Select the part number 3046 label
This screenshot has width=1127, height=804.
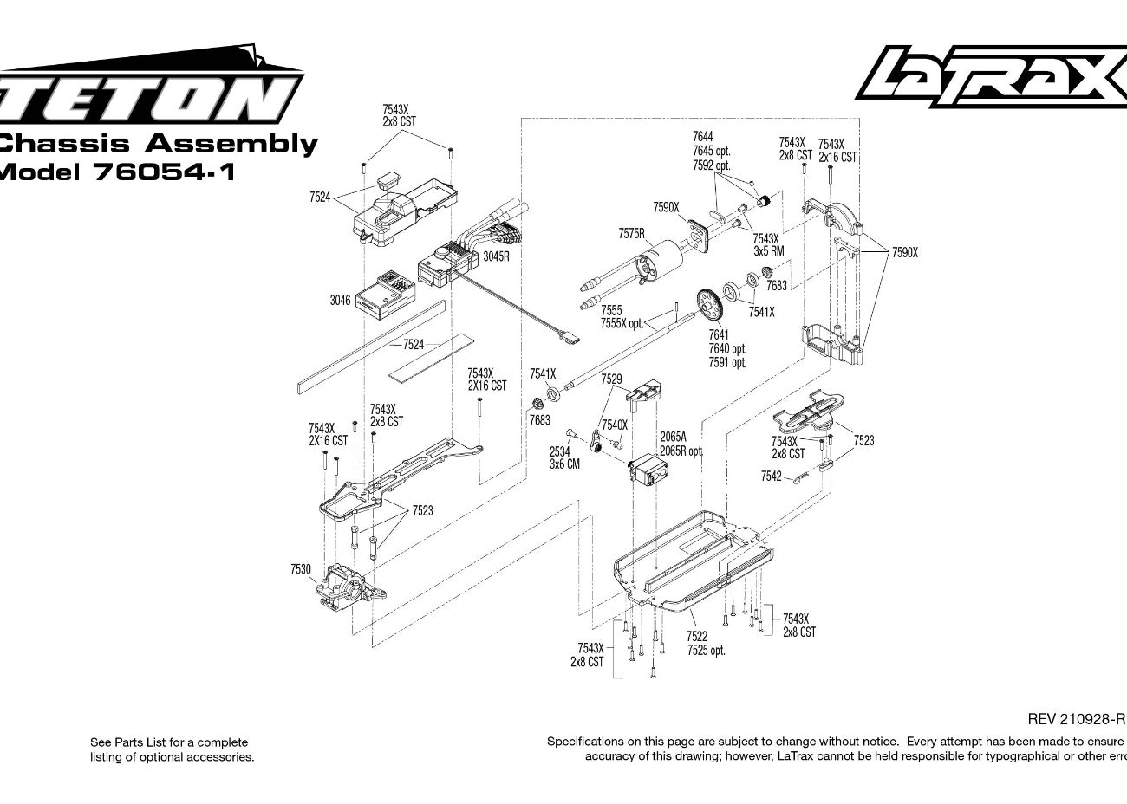coord(340,301)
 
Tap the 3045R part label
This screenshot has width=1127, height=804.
coord(496,256)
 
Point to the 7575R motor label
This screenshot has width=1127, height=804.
coord(631,234)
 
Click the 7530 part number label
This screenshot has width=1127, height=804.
coord(301,569)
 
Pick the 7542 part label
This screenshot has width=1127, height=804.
coord(771,477)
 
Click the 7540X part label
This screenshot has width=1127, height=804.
coord(614,425)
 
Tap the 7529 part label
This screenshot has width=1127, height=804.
coord(611,379)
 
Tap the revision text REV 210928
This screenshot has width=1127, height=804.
coord(1075,719)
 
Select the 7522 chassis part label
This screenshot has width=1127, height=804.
coord(697,637)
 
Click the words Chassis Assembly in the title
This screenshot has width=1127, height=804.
coord(156,143)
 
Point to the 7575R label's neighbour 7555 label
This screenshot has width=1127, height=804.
coord(611,310)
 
